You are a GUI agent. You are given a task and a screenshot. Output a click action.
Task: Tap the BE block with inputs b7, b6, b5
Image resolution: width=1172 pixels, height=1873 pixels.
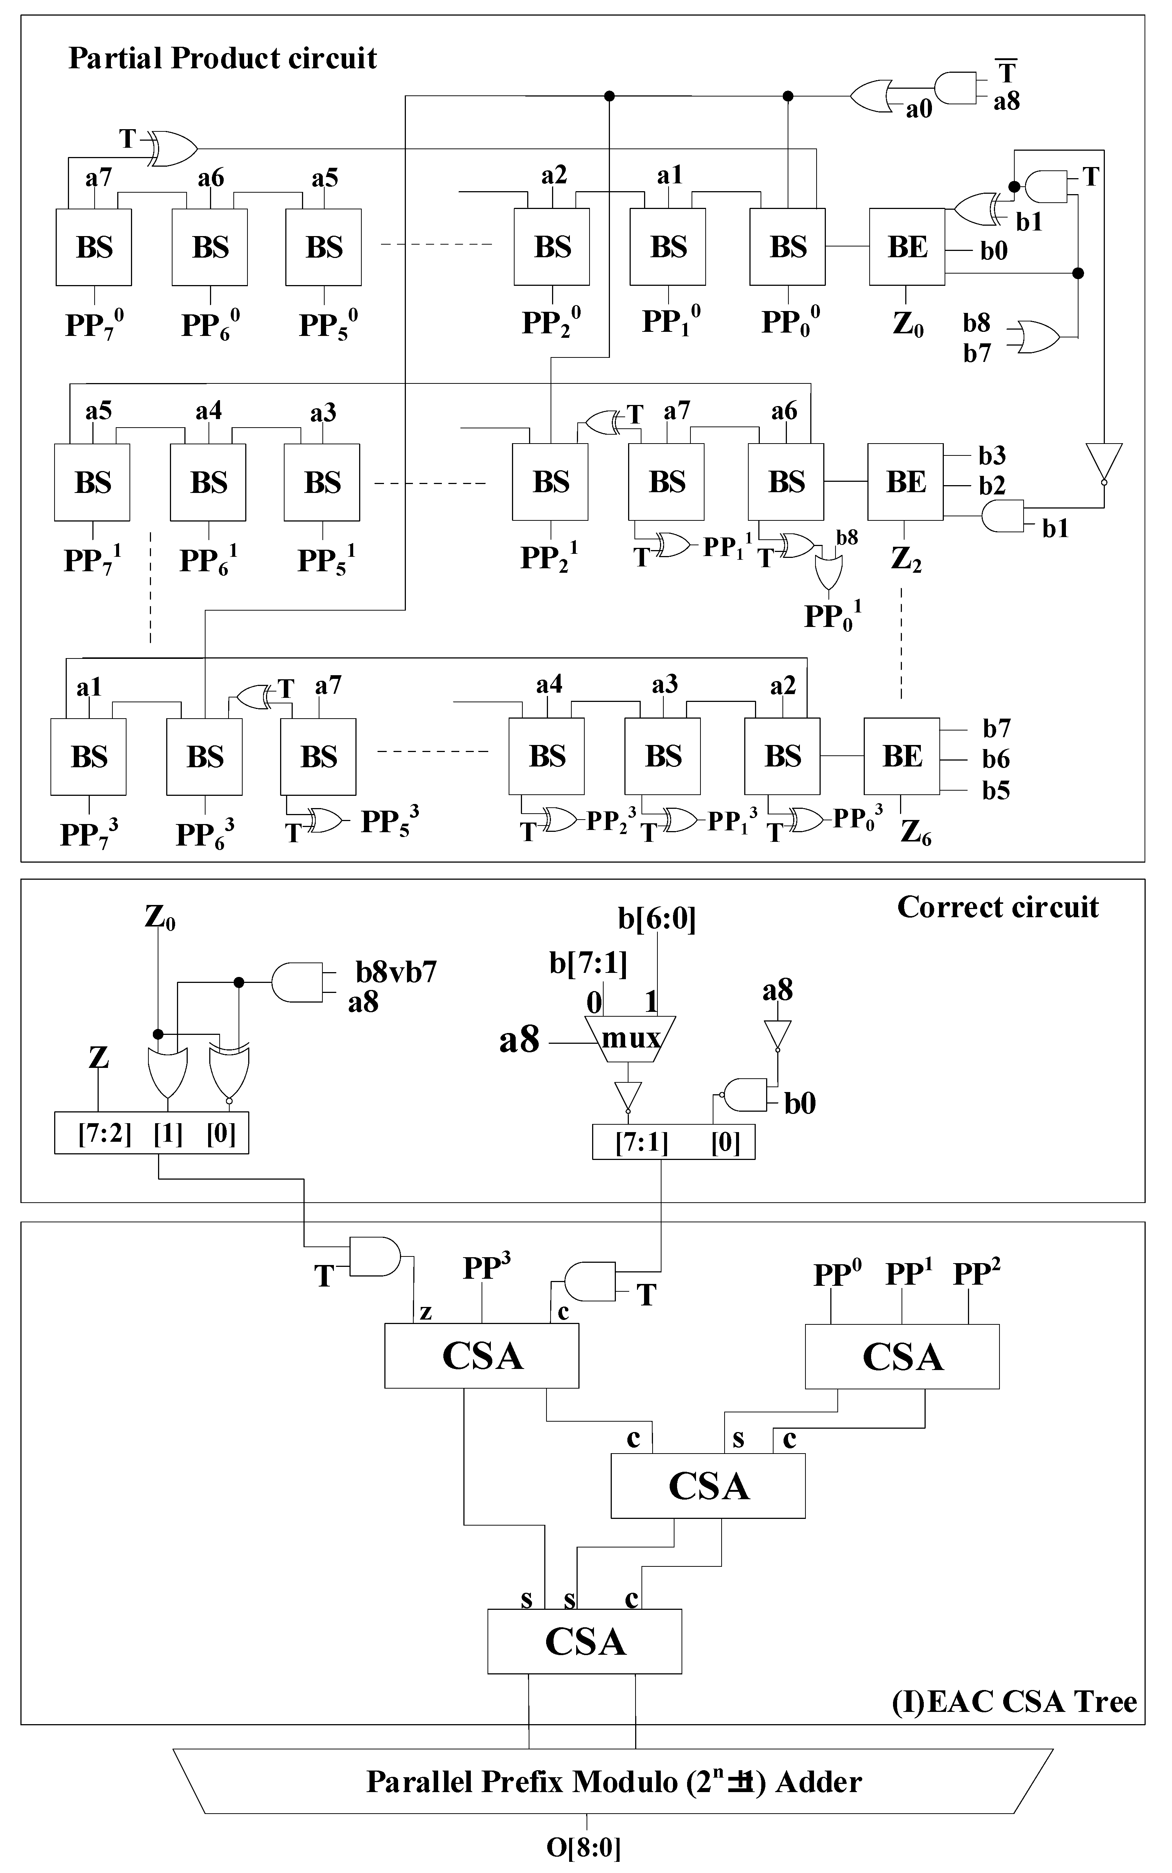[902, 756]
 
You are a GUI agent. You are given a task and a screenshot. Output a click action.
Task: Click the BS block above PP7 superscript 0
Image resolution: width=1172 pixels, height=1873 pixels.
[94, 246]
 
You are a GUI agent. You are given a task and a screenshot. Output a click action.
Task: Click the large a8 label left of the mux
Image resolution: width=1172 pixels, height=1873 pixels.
[519, 1040]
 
